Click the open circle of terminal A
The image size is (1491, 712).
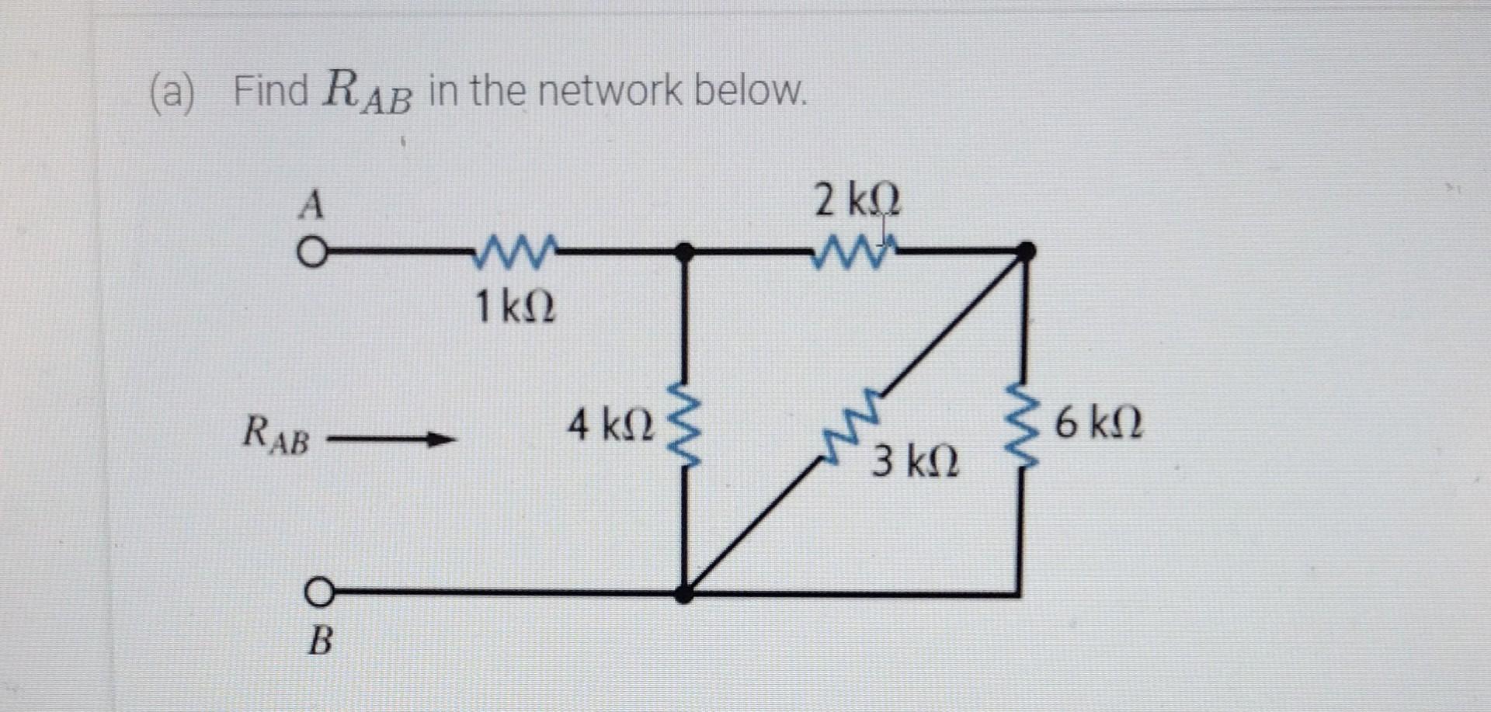click(x=311, y=253)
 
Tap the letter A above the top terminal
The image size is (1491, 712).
click(x=311, y=206)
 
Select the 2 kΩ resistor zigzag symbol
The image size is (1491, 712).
click(x=853, y=252)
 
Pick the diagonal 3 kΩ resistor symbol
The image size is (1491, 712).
click(x=852, y=428)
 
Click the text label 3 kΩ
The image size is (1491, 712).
click(x=915, y=463)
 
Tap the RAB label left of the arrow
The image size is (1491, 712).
click(x=276, y=436)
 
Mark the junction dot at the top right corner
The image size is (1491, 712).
click(x=1026, y=251)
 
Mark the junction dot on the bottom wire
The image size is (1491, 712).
click(x=683, y=594)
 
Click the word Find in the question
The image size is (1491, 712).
click(x=271, y=91)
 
